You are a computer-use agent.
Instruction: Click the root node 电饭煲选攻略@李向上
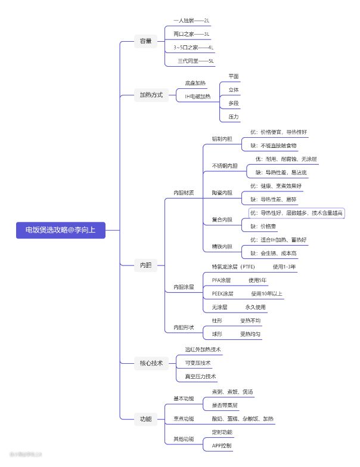(x=61, y=230)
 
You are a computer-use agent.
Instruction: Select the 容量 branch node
(x=145, y=41)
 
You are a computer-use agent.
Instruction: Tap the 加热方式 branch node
(x=151, y=95)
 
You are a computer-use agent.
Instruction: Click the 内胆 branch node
(x=145, y=265)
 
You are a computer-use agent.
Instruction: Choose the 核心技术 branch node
(x=151, y=363)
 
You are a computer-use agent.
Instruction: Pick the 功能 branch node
(x=145, y=419)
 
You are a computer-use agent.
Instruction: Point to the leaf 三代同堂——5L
(x=195, y=61)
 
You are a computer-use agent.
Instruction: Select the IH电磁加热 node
(x=194, y=96)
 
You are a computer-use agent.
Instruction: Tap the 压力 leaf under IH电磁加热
(x=234, y=117)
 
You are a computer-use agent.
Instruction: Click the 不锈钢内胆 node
(x=225, y=165)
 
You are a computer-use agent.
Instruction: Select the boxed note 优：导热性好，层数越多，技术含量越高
(x=297, y=213)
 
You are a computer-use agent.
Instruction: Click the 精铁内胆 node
(x=222, y=246)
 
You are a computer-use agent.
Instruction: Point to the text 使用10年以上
(x=266, y=294)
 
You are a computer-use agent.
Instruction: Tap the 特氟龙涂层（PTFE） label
(x=233, y=267)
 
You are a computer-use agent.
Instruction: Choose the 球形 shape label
(x=216, y=334)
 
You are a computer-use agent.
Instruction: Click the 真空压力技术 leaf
(x=200, y=376)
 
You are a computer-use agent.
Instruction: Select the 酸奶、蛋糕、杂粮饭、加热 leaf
(x=243, y=419)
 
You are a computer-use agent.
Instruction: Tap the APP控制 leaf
(x=222, y=446)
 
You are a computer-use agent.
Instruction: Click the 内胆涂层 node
(x=184, y=287)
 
